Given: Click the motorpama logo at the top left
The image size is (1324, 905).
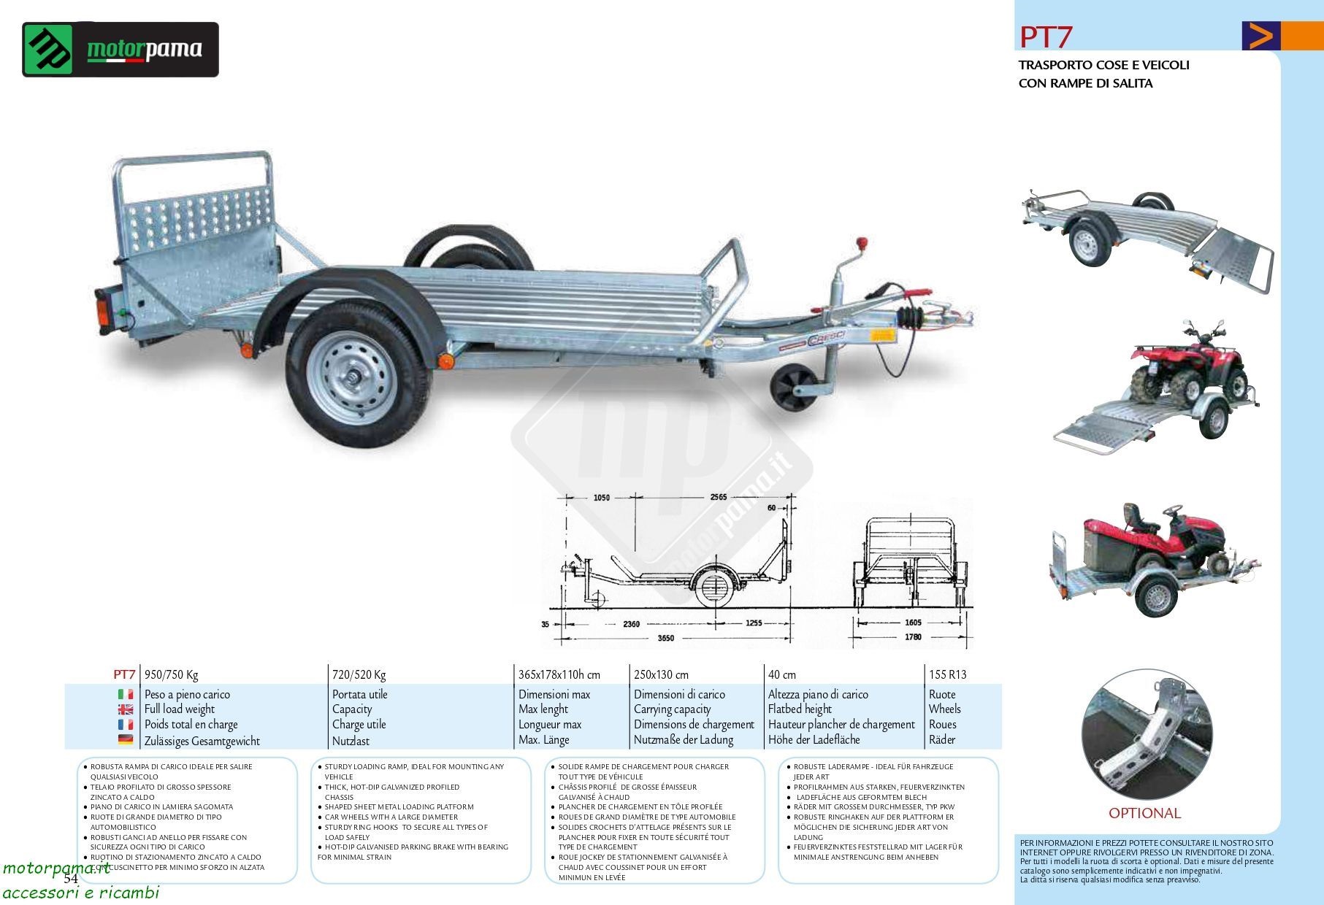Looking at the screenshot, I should point(120,50).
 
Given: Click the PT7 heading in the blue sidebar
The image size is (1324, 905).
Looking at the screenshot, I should point(1046,36).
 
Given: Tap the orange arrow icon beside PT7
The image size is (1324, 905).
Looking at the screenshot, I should point(1260,36).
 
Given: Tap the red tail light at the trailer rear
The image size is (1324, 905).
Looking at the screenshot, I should point(103,312).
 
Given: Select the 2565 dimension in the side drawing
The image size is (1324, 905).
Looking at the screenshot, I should point(719,497).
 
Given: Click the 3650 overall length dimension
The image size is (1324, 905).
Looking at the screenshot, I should point(665,638).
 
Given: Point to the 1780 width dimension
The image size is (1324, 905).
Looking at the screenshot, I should point(913,636).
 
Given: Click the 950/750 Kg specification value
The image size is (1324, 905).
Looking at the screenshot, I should point(172,674).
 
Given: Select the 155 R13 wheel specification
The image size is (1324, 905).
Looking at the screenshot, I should point(947,674).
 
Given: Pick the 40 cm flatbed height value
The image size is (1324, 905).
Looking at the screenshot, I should point(781,674).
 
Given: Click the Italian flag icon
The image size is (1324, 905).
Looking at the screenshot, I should point(126,694).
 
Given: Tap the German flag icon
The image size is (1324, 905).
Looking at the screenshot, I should point(126,740).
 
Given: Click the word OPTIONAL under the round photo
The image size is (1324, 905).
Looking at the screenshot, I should point(1144,813).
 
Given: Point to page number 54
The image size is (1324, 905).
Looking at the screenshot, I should point(70,879).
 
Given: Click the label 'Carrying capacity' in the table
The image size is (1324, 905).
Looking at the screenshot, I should point(672,709).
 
